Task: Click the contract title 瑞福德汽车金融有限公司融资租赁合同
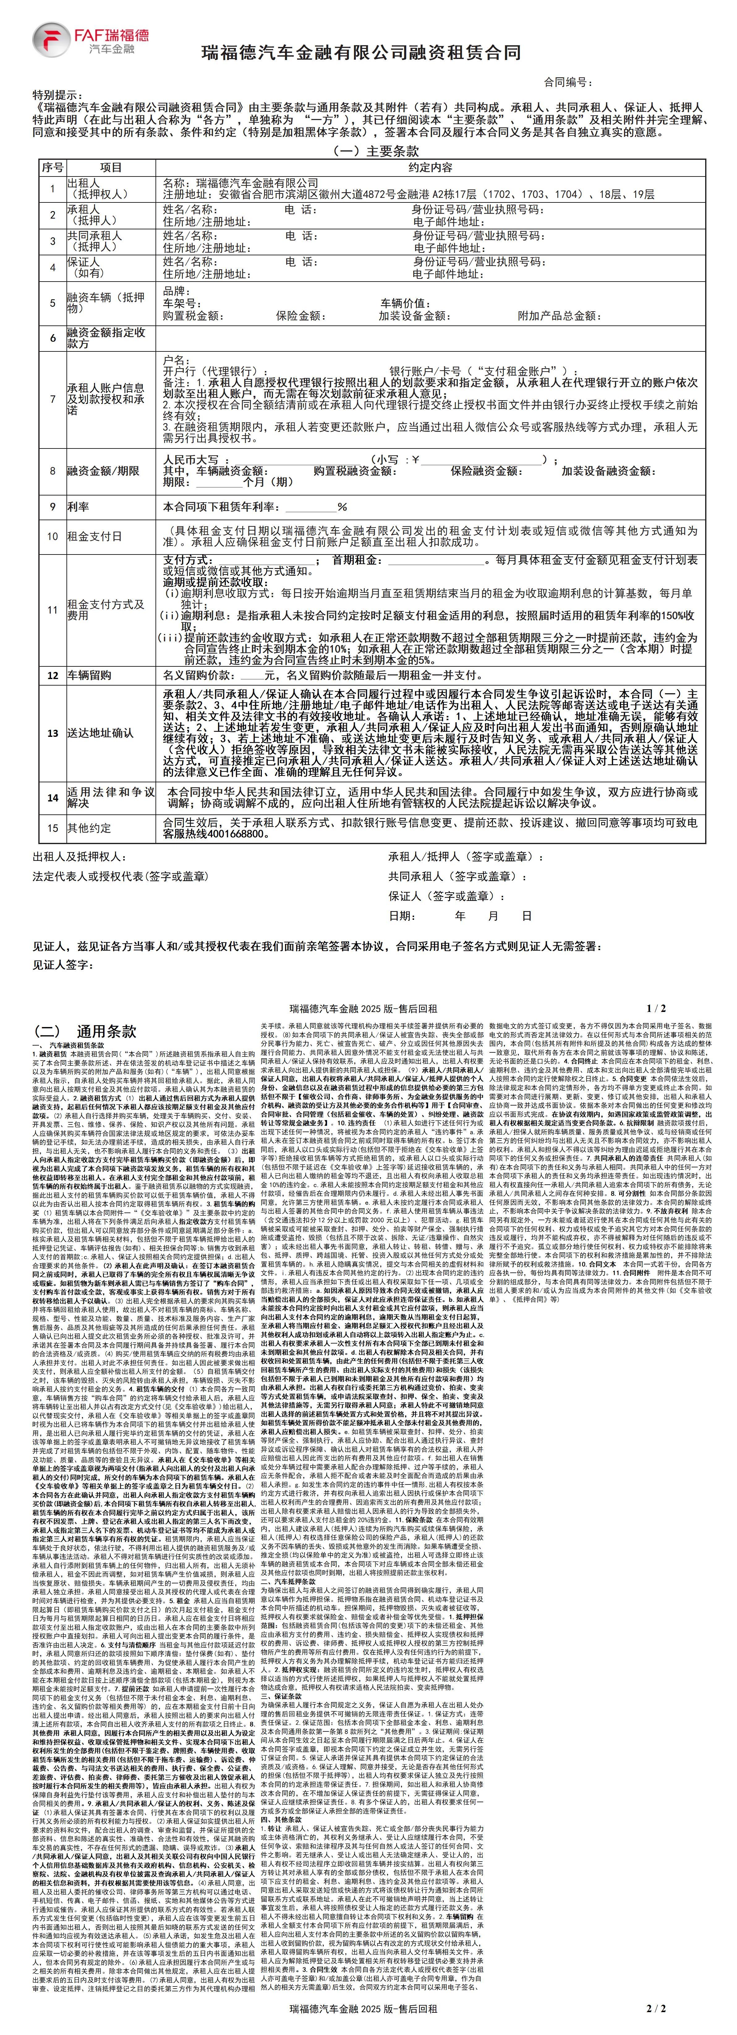pos(361,53)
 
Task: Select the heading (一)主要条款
pos(368,151)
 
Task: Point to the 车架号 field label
pos(182,303)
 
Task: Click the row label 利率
pos(78,507)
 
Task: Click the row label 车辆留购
pos(89,675)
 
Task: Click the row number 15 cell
pos(53,828)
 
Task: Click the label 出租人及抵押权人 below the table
pos(79,856)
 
